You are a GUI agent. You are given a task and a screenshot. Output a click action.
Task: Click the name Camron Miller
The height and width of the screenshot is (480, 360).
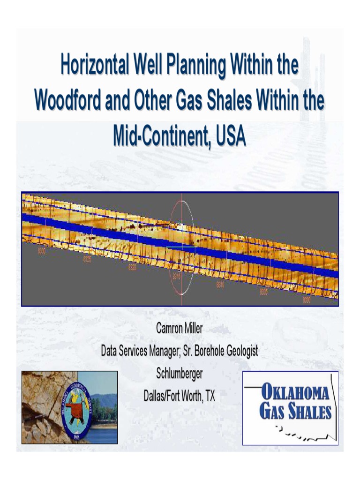[180, 329]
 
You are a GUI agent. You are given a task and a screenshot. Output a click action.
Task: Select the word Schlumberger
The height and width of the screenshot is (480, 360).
[180, 374]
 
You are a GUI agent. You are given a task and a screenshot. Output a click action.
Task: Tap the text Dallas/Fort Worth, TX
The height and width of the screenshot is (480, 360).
[180, 396]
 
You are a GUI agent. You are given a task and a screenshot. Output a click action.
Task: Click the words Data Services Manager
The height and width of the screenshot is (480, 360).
[140, 351]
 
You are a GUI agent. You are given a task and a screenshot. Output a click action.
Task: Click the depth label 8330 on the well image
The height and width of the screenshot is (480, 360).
[42, 251]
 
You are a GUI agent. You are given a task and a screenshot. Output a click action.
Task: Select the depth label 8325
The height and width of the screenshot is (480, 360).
[87, 259]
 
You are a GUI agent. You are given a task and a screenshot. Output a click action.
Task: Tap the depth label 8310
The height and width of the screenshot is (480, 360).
[220, 285]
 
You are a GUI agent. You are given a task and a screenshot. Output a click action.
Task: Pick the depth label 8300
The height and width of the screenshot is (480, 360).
[307, 300]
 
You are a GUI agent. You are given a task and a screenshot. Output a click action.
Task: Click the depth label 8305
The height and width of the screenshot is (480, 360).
[264, 292]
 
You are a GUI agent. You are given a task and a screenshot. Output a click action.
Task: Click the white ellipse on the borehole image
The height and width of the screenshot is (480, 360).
[181, 247]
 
